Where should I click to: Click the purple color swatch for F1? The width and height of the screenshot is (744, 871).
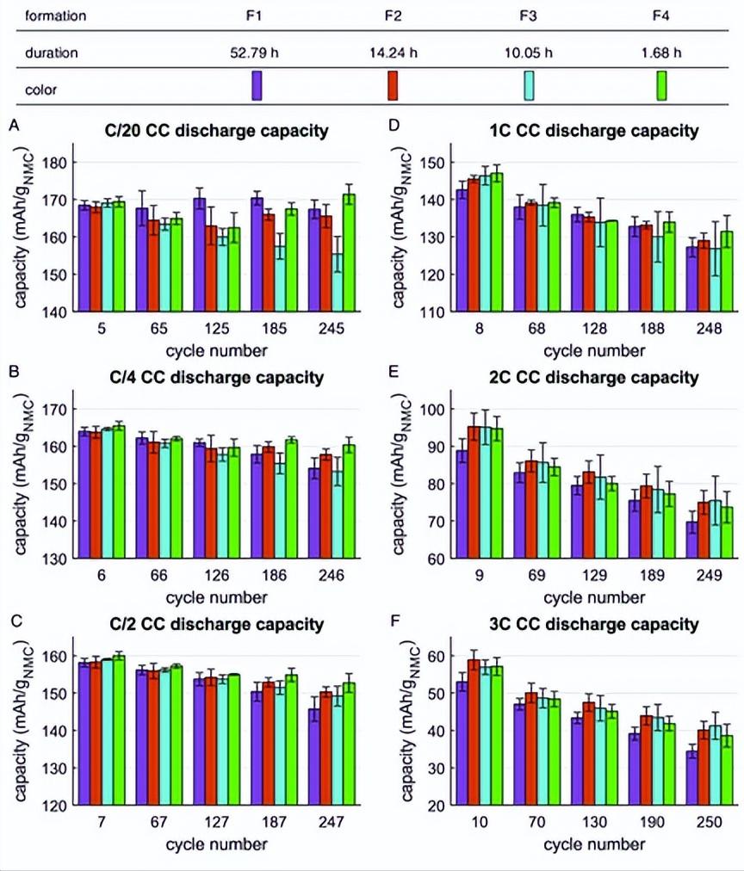coord(257,86)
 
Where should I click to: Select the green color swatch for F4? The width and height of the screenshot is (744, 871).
coord(662,86)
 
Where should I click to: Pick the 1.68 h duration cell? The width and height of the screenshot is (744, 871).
coord(662,53)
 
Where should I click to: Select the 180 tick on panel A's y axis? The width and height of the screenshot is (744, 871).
coord(65,163)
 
